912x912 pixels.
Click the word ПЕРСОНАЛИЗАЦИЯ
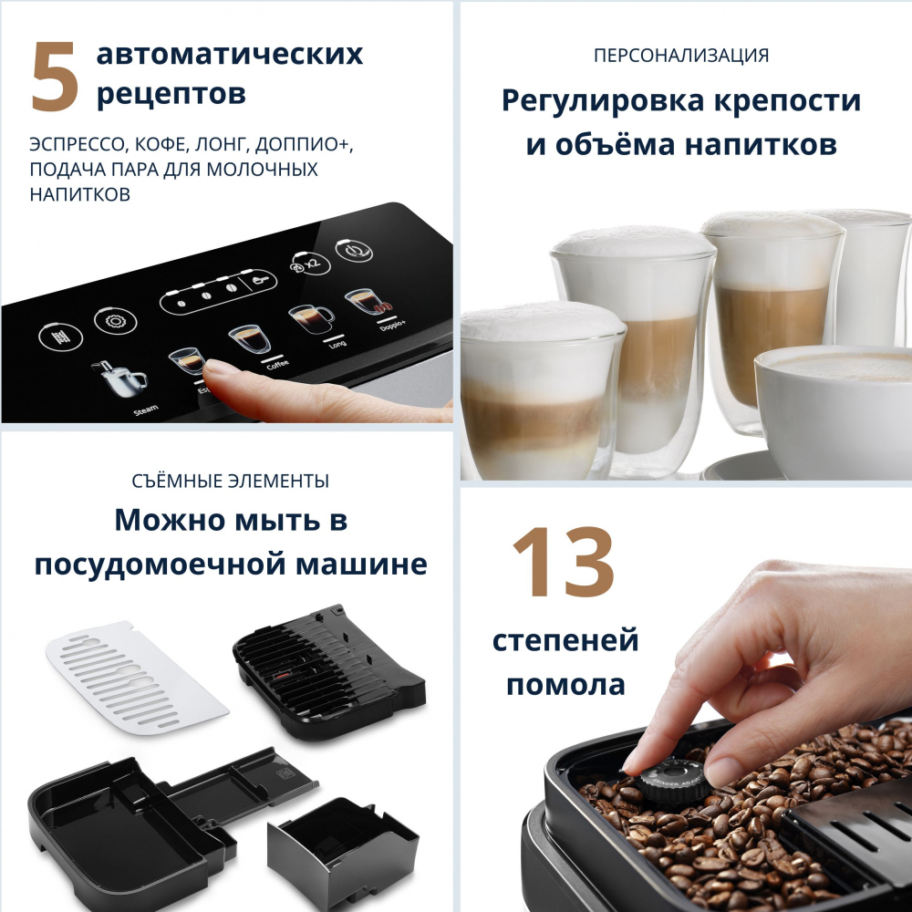click(680, 56)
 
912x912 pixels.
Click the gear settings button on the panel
click(115, 322)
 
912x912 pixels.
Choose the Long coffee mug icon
click(310, 316)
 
